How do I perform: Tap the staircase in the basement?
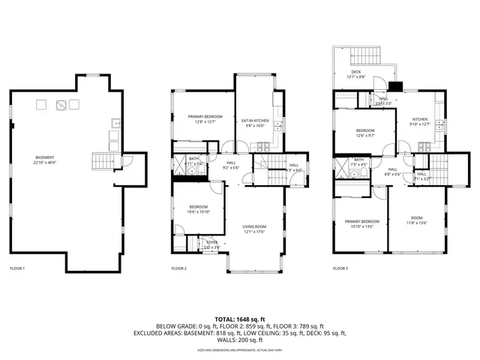pos(101,161)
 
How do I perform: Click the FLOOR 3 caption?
pos(341,268)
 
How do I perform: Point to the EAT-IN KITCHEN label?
pos(255,120)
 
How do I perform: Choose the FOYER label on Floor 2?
pos(211,242)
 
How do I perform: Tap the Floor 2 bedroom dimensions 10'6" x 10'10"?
pos(199,211)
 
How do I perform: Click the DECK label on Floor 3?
pos(355,72)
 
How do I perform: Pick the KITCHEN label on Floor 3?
pos(420,119)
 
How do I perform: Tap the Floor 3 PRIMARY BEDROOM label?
pos(361,222)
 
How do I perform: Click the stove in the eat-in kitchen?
pos(277,124)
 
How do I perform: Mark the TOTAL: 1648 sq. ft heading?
pos(239,319)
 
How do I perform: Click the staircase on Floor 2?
pos(267,165)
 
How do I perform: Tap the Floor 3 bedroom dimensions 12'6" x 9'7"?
pos(365,136)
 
